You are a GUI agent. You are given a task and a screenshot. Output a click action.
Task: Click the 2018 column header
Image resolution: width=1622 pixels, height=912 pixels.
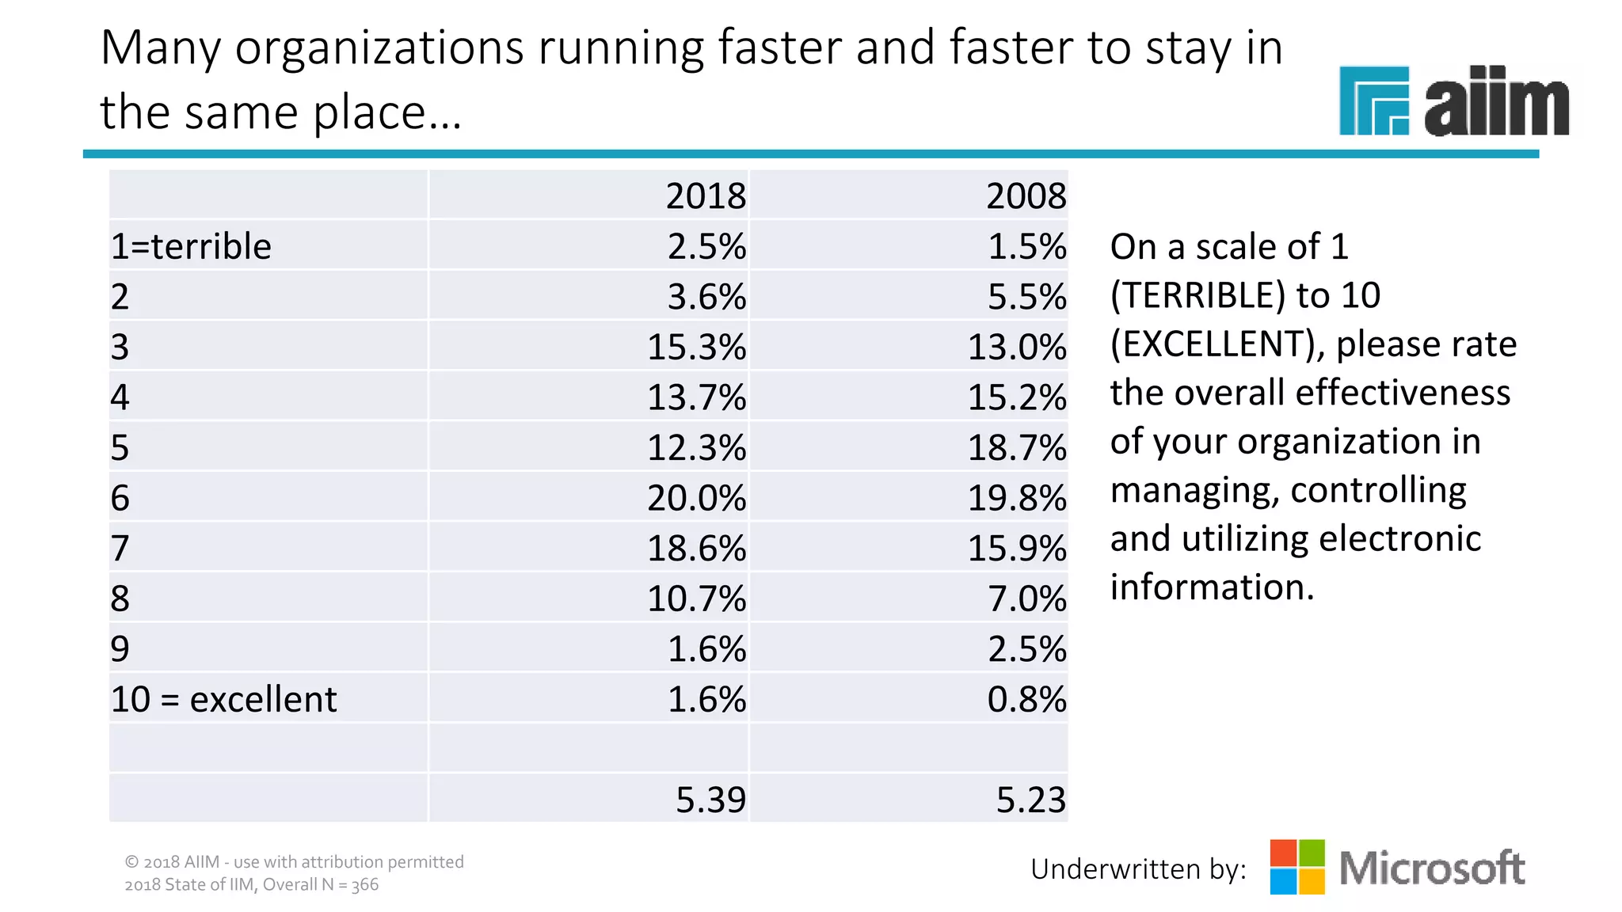(x=705, y=196)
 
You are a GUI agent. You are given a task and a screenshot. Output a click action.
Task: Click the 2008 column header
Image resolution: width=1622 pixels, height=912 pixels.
(x=1026, y=196)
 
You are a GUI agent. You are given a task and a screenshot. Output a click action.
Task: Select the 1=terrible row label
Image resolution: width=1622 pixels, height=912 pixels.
(x=191, y=246)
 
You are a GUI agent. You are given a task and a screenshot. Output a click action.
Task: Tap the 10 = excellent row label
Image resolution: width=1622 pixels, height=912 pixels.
(x=223, y=699)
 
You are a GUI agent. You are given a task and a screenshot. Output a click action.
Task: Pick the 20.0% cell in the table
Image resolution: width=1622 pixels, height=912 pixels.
(x=696, y=498)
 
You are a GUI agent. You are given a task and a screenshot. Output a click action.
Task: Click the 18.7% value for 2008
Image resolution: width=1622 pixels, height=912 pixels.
(x=1017, y=447)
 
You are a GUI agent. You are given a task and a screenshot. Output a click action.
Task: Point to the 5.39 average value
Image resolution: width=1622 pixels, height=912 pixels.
(x=710, y=800)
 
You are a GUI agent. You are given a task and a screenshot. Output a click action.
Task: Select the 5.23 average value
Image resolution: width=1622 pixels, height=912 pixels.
(x=1030, y=800)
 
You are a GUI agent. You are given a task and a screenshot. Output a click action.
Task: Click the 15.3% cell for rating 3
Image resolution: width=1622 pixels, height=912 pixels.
(x=696, y=347)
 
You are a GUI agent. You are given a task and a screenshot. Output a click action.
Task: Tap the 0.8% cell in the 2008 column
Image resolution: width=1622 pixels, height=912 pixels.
(x=1026, y=699)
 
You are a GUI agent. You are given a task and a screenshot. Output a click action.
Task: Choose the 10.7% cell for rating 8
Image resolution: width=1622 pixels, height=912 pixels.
(x=696, y=598)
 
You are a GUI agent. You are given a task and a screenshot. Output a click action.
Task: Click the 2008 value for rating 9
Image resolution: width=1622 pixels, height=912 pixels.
(x=1026, y=649)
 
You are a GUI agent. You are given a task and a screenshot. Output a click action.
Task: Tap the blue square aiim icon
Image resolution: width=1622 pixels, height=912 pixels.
(x=1373, y=101)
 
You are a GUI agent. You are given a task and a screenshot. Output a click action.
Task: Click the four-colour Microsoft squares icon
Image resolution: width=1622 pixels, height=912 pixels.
(x=1297, y=867)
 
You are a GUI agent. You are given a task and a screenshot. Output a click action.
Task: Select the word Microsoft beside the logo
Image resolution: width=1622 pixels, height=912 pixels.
(x=1432, y=868)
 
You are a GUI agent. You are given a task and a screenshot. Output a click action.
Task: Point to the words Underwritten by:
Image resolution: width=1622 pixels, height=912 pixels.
(x=1138, y=869)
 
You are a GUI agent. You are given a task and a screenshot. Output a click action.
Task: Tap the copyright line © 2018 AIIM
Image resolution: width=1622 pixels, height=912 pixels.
(x=294, y=861)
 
